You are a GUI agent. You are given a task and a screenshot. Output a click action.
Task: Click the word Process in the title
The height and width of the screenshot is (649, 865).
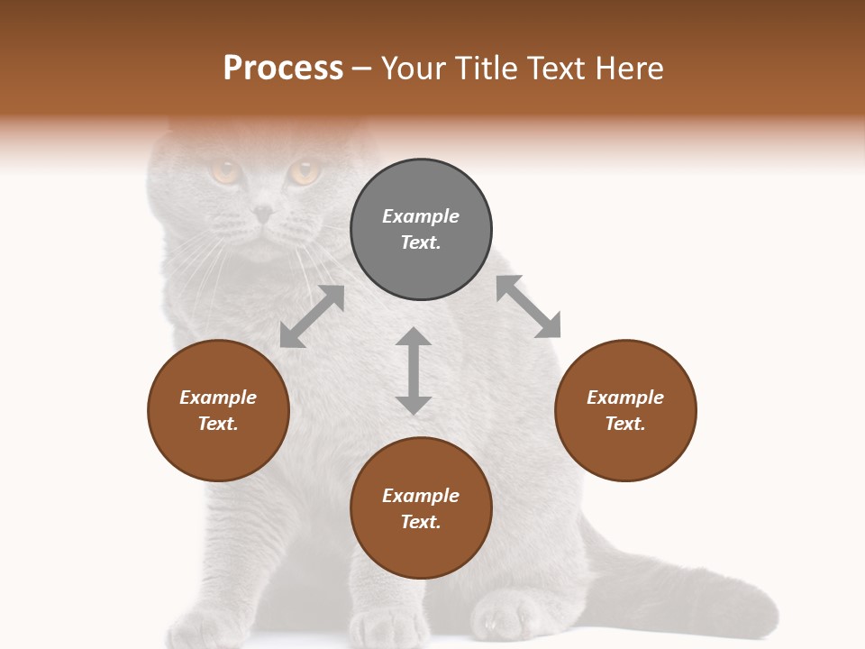[x=283, y=69]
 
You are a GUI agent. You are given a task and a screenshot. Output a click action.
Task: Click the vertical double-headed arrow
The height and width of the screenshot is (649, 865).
[x=414, y=370]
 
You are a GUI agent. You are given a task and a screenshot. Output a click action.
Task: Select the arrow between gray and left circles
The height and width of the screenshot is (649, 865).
[x=312, y=316]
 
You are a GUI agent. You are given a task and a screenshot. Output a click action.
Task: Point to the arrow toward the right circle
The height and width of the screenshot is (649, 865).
[x=529, y=306]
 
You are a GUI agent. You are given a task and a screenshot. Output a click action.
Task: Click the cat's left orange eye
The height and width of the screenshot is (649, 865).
[x=224, y=169]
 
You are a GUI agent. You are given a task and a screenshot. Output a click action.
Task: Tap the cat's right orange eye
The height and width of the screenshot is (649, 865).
[x=305, y=171]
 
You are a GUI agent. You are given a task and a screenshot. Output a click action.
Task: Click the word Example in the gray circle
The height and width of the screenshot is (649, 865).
[x=421, y=216]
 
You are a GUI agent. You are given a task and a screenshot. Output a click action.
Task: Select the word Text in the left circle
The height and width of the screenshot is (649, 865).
[x=218, y=424]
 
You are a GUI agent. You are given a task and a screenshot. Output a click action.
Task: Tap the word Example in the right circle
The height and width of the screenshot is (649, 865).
[x=625, y=398]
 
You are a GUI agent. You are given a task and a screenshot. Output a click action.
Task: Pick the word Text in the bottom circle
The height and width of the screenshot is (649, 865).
[x=421, y=522]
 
